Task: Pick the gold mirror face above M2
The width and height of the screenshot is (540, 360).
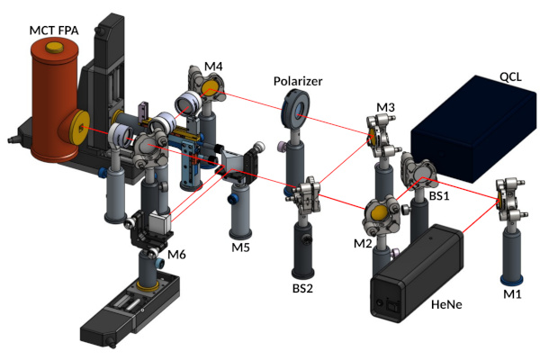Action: (x=379, y=215)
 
